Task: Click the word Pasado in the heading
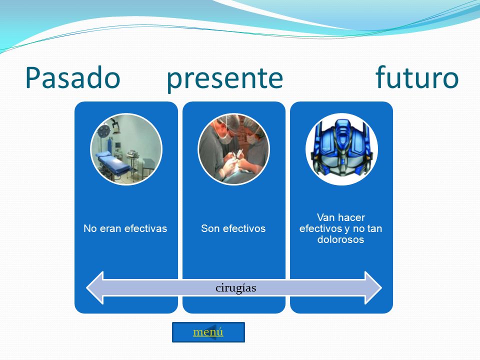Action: pos(73,78)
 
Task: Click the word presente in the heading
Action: pos(224,79)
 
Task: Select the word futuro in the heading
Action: pos(417,77)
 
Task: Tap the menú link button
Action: pos(208,332)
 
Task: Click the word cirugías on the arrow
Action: pos(235,288)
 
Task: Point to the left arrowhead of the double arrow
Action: pos(95,288)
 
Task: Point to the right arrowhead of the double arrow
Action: pos(373,288)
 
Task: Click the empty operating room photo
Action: pos(126,149)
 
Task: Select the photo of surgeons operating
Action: pos(233,149)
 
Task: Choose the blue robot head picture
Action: pos(341,149)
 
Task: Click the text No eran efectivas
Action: pos(125,228)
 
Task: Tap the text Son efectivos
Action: pos(233,228)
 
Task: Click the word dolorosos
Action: pos(340,239)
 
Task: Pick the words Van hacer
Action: pos(341,217)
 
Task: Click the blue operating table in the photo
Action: pos(114,162)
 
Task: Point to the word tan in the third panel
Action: pos(374,228)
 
